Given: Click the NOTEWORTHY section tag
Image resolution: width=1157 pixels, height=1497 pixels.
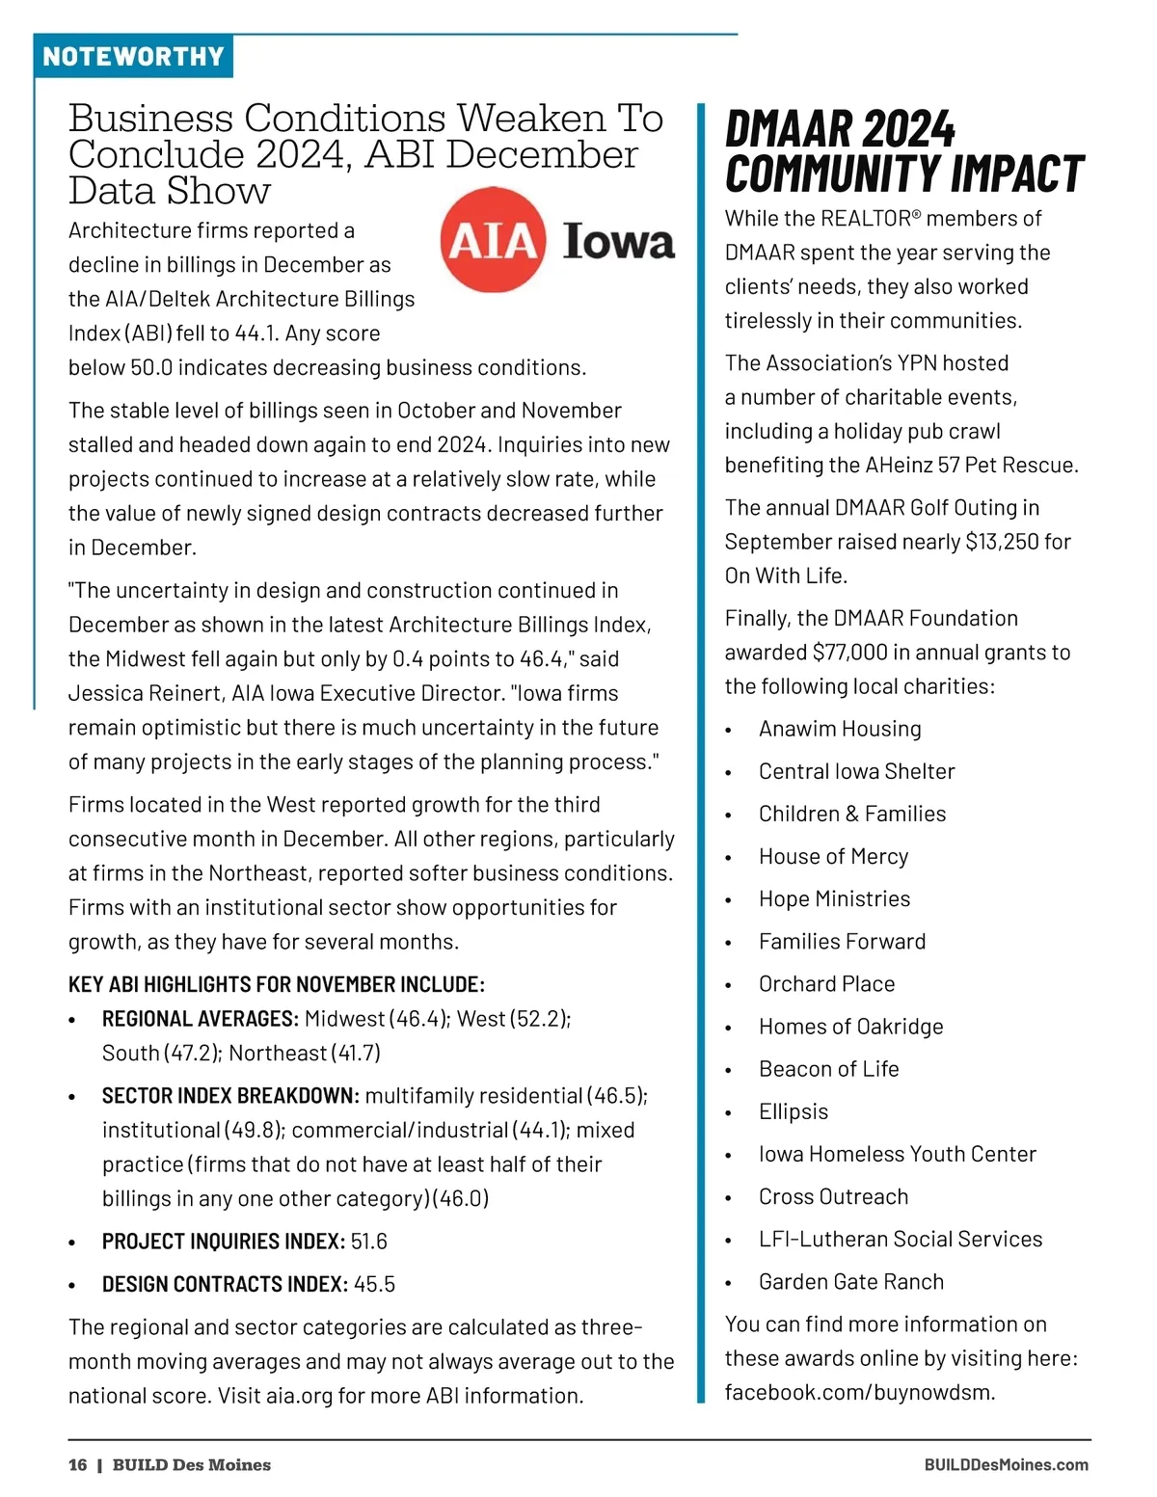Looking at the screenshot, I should click(x=133, y=56).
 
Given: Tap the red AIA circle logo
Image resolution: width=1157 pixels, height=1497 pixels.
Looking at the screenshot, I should click(x=493, y=239).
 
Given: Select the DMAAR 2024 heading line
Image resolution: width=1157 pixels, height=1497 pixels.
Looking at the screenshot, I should click(x=840, y=129).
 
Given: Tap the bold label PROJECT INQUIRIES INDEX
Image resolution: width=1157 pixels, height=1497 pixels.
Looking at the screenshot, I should click(x=223, y=1242).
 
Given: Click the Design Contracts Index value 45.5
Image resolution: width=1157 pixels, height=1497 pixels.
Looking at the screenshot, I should click(x=374, y=1284).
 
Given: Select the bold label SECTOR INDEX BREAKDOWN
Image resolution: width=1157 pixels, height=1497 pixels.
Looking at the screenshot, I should click(x=230, y=1096).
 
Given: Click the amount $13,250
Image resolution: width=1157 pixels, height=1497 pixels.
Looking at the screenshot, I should click(x=1001, y=542).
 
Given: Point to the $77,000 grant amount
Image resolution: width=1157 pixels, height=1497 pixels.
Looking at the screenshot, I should click(x=849, y=653).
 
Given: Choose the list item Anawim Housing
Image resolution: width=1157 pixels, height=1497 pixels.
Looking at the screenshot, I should click(x=840, y=729).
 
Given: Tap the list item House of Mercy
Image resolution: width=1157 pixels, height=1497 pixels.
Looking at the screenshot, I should click(x=833, y=856).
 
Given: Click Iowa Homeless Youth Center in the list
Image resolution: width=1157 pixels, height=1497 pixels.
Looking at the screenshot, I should click(x=897, y=1154).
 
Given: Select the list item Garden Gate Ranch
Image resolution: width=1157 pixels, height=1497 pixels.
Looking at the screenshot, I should click(x=851, y=1281).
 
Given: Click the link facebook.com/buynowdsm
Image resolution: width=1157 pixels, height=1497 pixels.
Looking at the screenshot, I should click(x=859, y=1392).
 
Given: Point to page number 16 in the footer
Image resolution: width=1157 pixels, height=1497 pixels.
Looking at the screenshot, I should click(x=77, y=1465).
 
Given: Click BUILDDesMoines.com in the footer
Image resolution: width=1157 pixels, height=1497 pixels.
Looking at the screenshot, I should click(x=1006, y=1465).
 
